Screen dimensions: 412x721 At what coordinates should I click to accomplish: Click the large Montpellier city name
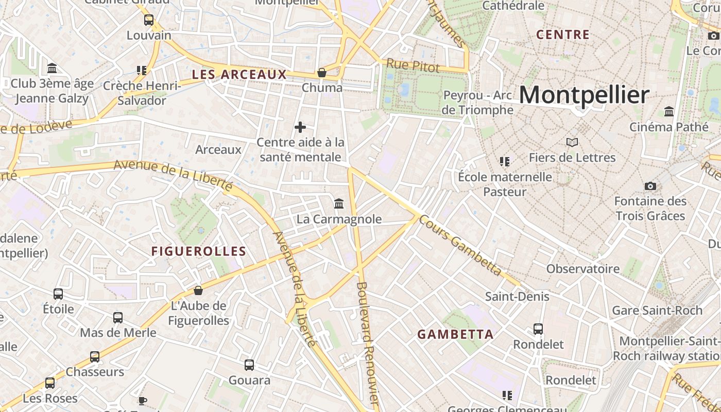coord(583,95)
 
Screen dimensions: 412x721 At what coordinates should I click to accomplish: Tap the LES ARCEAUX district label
coord(239,75)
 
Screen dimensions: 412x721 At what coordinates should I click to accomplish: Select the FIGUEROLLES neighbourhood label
coord(198,251)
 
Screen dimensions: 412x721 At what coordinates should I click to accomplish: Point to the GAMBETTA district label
coord(455,334)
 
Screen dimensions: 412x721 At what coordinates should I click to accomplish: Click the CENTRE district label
coord(562,35)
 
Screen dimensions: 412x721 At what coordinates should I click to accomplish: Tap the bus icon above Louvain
coord(149,20)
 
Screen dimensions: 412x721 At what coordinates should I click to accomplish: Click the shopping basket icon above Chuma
coord(322,73)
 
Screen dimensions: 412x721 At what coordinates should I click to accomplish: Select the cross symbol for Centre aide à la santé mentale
coord(300,127)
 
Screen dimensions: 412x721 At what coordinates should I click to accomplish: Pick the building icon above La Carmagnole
coord(339,204)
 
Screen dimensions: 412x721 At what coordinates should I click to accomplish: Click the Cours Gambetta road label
coord(460,245)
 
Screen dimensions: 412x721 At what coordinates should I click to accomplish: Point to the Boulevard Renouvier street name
coord(367,345)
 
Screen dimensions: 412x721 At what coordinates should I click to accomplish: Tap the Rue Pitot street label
coord(413,66)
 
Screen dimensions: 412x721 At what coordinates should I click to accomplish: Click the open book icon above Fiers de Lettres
coord(572,142)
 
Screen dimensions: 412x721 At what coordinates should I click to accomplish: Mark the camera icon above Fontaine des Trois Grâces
coord(650,186)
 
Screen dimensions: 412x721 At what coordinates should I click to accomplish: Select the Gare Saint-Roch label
coord(657,311)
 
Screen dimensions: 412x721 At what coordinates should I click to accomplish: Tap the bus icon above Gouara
coord(249,365)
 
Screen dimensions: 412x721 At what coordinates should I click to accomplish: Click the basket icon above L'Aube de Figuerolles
coord(198,290)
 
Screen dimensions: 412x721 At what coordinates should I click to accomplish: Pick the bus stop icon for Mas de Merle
coord(118,317)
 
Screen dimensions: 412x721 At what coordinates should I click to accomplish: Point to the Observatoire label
coord(583,269)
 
